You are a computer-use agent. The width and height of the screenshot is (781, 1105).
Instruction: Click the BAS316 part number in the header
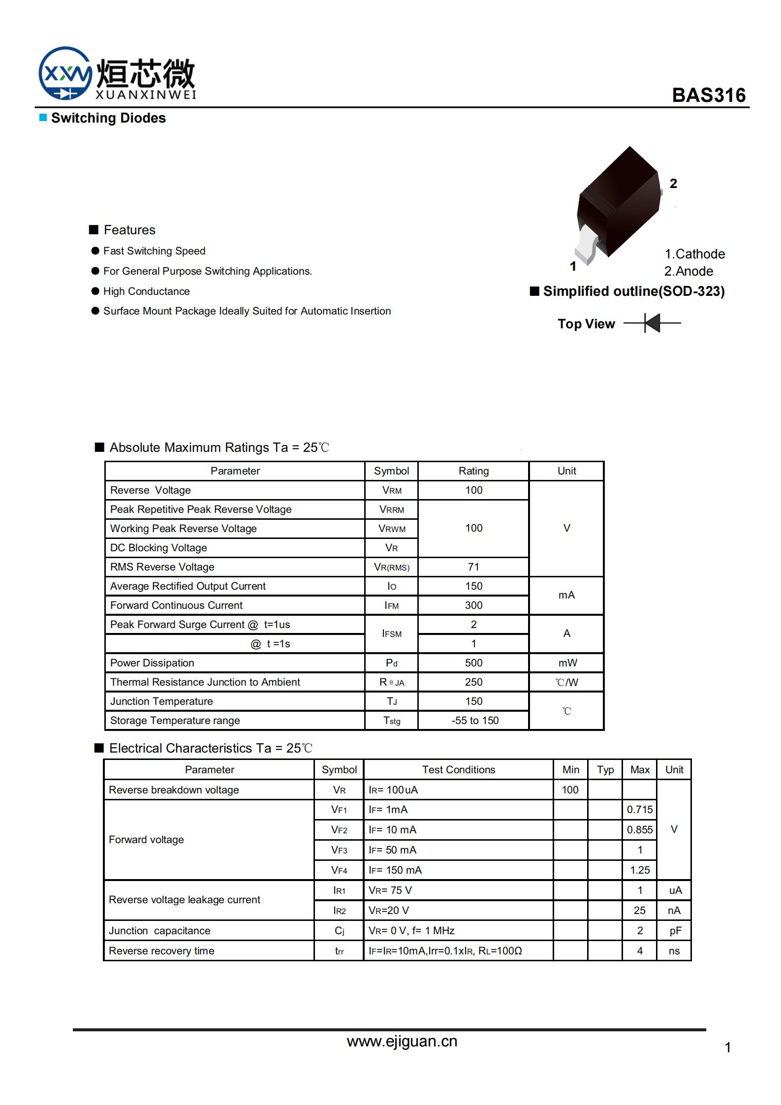[708, 95]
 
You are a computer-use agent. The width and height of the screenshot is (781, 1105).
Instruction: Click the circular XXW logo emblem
[64, 73]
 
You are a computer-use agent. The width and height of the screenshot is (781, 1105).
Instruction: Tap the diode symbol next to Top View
[652, 323]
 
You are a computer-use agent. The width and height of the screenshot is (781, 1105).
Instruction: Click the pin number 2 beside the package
[673, 184]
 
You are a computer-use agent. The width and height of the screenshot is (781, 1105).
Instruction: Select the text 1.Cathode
[694, 254]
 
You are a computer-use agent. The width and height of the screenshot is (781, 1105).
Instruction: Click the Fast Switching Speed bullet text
[154, 251]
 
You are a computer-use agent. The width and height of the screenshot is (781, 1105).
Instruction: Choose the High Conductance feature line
[146, 291]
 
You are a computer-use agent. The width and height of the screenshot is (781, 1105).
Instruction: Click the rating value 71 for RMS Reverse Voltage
[473, 567]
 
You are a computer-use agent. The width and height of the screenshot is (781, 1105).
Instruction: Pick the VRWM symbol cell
[392, 529]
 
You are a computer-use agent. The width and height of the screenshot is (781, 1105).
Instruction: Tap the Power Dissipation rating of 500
[473, 663]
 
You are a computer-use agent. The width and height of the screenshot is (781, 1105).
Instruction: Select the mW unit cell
[567, 663]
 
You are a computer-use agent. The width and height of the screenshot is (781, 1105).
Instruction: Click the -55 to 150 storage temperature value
[475, 721]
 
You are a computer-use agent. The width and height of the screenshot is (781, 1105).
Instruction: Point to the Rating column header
[473, 471]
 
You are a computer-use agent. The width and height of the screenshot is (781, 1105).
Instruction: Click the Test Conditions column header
[458, 770]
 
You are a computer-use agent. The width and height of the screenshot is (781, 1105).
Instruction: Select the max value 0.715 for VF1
[639, 810]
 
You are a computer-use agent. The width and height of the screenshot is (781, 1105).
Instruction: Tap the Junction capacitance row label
[159, 931]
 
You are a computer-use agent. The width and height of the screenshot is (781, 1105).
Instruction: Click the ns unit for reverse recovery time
[674, 951]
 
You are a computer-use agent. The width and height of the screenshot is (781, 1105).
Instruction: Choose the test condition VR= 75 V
[390, 890]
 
